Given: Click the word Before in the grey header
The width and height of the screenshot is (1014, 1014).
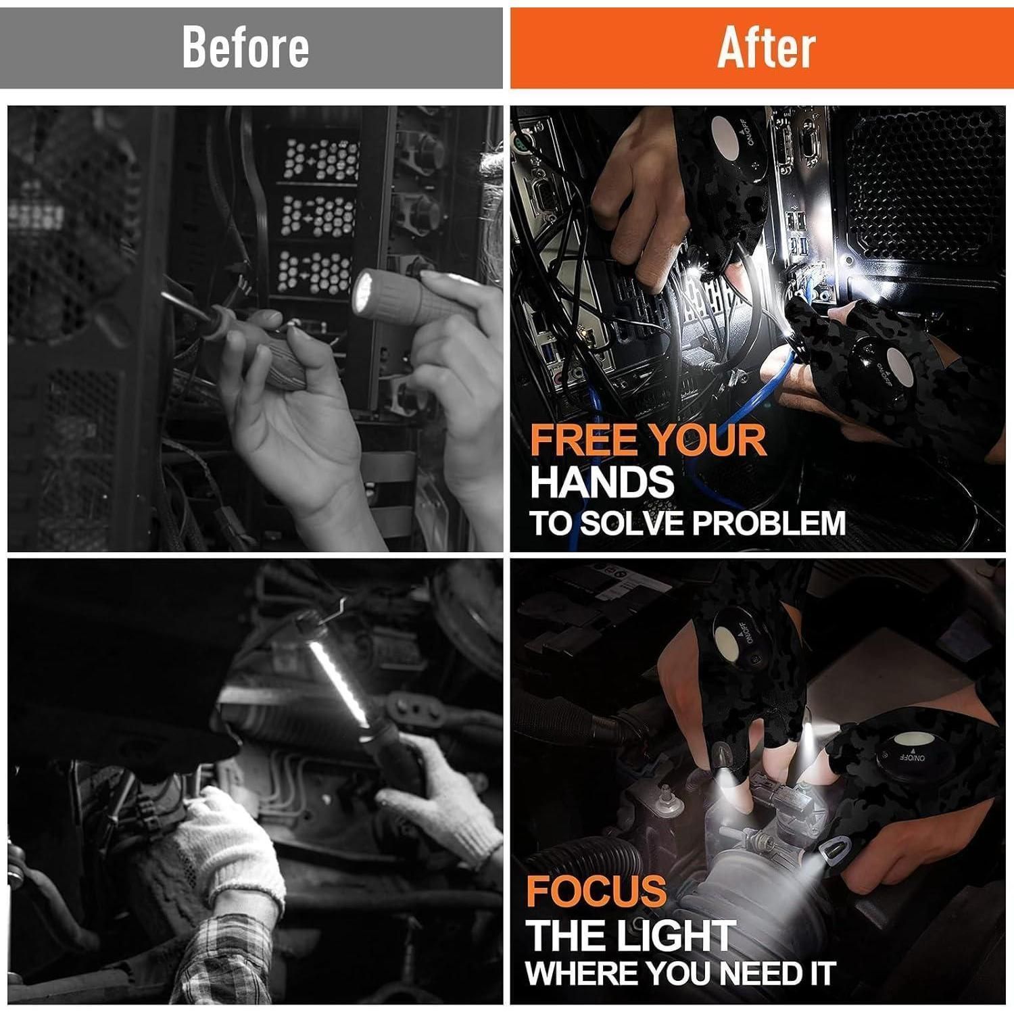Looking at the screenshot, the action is tap(245, 47).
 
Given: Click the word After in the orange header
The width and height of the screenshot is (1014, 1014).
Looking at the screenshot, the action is tap(766, 47).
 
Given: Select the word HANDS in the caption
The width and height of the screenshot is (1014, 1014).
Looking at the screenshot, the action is tap(602, 482).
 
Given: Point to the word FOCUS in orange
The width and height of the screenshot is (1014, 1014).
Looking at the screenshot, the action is tap(596, 890).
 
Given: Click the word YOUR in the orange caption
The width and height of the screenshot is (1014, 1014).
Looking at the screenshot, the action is tap(705, 440).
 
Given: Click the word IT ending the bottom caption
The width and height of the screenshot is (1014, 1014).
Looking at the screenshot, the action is tap(819, 974).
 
